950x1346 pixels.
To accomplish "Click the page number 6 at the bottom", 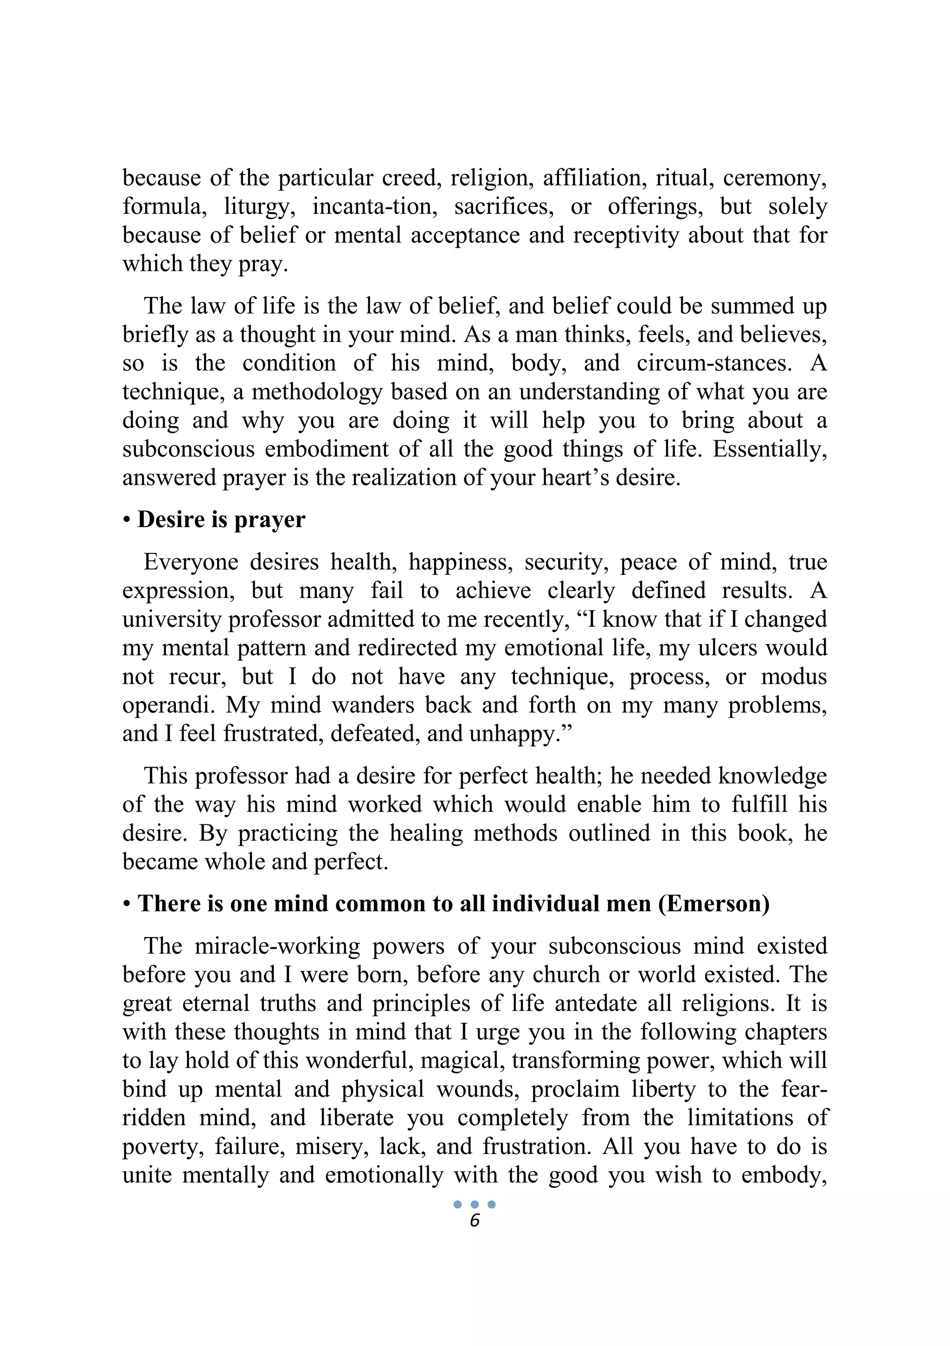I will coord(475,1221).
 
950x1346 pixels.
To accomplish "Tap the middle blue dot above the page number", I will coord(475,1204).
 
